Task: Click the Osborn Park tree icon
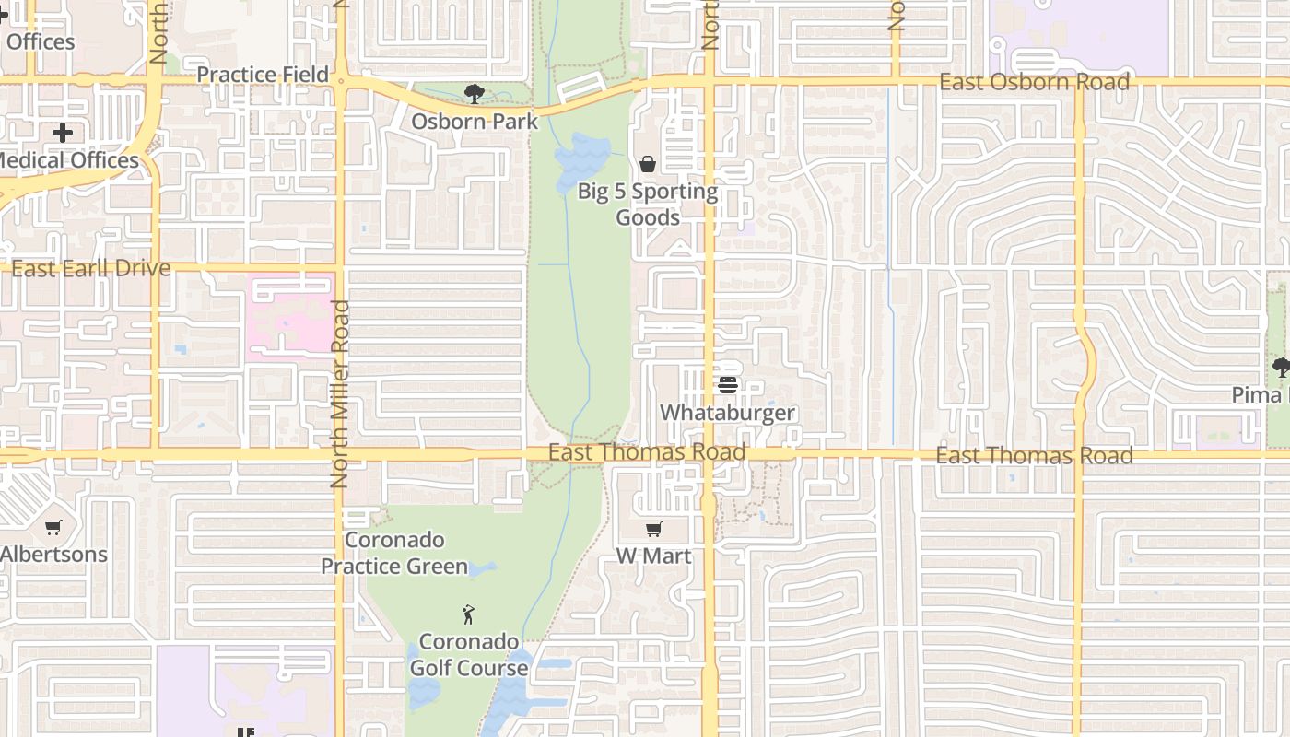(x=475, y=93)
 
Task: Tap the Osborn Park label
(x=475, y=121)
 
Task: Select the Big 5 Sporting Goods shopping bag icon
(x=648, y=164)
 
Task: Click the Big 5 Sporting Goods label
(x=648, y=205)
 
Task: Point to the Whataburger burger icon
(x=728, y=384)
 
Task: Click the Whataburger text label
(x=728, y=412)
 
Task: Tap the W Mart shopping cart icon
(x=653, y=529)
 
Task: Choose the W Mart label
(x=653, y=556)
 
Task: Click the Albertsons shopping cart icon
(x=53, y=528)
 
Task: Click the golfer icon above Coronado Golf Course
(x=468, y=614)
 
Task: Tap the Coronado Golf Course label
(x=469, y=654)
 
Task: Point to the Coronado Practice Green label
(x=394, y=553)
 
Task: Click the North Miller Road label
(x=339, y=393)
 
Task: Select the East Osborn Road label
(x=1034, y=82)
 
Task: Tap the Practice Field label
(x=263, y=75)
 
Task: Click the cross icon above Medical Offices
(x=63, y=133)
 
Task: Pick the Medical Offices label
(x=66, y=160)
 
